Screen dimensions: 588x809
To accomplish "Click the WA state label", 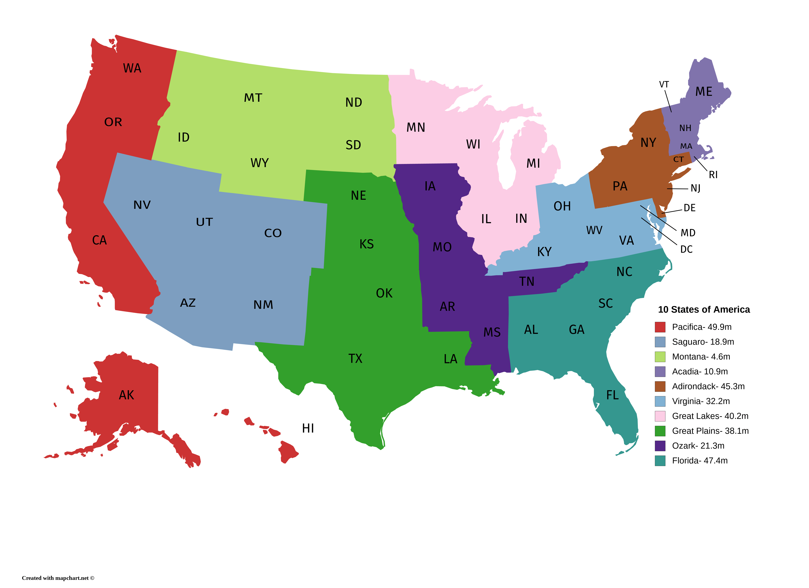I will coord(132,68).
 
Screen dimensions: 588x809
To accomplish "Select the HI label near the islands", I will coord(308,428).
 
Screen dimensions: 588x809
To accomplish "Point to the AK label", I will coord(126,395).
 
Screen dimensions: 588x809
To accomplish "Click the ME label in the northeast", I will coord(703,92).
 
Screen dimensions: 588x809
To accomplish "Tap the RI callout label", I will coord(713,175).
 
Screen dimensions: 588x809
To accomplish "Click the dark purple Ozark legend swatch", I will coord(660,446).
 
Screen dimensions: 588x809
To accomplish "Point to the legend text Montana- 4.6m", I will coord(701,357).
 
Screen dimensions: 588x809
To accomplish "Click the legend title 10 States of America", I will coord(704,309).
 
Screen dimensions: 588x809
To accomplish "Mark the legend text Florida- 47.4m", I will coord(700,461).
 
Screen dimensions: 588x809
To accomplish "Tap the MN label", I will coord(416,127).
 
